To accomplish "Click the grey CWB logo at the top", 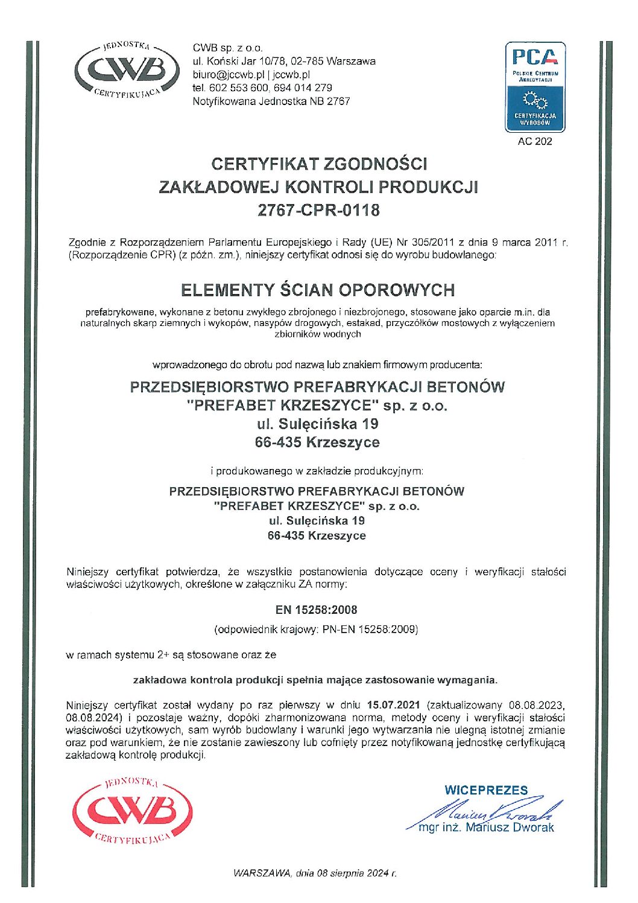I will tap(126, 71).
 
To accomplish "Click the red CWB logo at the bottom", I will tap(132, 811).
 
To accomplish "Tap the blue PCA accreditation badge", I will tap(535, 87).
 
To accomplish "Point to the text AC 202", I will tap(535, 142).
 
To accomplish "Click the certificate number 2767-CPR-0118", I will tap(318, 210).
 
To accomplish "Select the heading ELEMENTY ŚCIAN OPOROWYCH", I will tap(318, 290).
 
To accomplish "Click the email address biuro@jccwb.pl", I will tap(229, 75).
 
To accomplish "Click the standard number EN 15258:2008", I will tap(316, 610).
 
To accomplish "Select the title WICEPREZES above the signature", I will tap(486, 790).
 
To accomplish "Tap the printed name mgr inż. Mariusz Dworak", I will tap(486, 828).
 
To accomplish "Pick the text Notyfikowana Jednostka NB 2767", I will tap(271, 101).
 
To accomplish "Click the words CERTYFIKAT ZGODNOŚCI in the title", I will tap(318, 164).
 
